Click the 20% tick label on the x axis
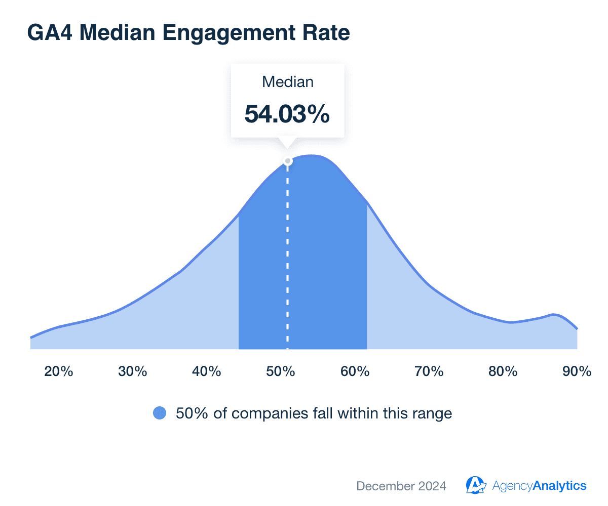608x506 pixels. (59, 371)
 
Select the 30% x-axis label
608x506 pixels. (133, 371)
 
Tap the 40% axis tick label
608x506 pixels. (207, 371)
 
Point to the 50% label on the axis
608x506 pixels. (281, 371)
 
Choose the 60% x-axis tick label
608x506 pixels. (355, 371)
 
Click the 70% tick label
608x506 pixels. (429, 371)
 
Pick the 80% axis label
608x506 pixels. (503, 371)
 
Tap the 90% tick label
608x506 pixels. (577, 371)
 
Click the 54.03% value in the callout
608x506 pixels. (287, 114)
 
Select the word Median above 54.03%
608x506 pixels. (287, 82)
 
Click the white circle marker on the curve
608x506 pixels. (288, 161)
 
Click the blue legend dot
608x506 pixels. (160, 413)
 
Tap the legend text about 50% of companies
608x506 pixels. (314, 413)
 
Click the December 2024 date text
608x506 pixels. (401, 486)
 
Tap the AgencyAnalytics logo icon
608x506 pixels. (476, 485)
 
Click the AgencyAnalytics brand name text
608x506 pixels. (539, 486)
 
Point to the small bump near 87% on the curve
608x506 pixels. (554, 315)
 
